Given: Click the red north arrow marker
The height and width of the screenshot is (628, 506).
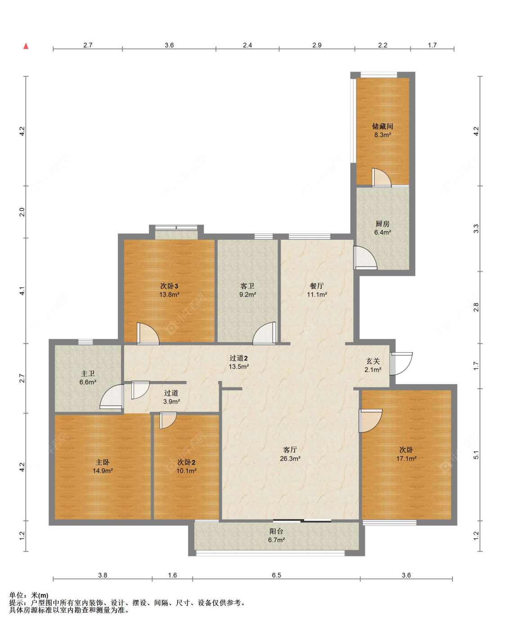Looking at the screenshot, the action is coord(26,46).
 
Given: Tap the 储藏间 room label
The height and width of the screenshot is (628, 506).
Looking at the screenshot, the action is coord(382,126).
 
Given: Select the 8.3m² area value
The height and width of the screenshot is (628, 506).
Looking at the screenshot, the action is coord(383,135).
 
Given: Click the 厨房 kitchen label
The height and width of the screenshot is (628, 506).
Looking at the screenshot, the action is coord(382,224).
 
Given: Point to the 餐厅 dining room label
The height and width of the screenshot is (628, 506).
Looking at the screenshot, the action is coord(317,286).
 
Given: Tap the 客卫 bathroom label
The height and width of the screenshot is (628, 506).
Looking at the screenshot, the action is coord(247,286).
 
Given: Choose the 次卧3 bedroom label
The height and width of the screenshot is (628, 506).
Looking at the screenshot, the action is coord(169,286).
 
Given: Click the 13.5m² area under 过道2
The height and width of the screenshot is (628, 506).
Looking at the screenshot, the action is coord(239,367).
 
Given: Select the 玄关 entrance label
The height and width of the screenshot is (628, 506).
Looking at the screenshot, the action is coord(373,361).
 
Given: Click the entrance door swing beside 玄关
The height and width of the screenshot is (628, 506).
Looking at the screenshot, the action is coord(401,363).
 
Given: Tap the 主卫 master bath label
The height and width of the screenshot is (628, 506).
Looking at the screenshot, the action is coord(88,373).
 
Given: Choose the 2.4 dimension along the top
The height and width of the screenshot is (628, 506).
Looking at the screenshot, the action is coord(247,45).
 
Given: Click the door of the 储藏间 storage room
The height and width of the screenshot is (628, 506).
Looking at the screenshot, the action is coord(381,178).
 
